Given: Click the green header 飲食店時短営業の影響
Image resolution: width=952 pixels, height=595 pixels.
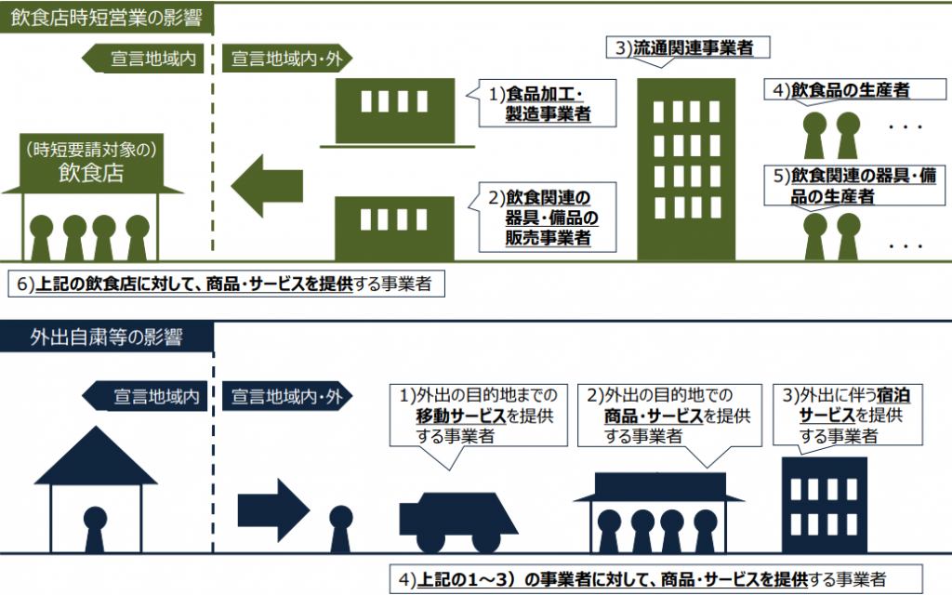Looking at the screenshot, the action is coord(107,19).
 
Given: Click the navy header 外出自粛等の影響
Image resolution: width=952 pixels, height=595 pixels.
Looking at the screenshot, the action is coord(107,337).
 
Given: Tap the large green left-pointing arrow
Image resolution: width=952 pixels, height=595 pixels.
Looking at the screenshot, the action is coord(267,186).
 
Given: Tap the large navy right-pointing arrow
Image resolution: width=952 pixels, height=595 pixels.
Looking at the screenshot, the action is coord(274,510).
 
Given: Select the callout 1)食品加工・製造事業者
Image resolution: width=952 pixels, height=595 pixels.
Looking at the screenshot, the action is coord(547,103).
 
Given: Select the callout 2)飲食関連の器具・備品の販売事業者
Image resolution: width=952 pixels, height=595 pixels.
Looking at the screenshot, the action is coord(547,217).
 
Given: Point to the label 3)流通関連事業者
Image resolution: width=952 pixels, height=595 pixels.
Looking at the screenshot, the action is coord(688,48).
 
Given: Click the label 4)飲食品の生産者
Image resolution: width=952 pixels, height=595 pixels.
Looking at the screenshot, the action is coord(855,90).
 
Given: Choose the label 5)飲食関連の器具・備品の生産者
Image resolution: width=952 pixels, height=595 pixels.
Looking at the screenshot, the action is coord(855,186).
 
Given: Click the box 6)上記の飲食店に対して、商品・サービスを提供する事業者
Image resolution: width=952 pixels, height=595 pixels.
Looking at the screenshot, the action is coord(226,284).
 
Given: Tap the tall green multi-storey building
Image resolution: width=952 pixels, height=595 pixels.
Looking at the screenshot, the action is coord(686,169).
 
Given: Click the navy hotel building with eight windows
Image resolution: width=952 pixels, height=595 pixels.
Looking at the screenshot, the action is coord(825,505).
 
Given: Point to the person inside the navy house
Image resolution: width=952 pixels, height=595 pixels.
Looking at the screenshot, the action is coord(95,529).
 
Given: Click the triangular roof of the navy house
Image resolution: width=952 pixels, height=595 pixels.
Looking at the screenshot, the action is coord(96,456).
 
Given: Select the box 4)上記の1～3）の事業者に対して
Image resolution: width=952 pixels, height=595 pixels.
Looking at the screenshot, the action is coord(655,578).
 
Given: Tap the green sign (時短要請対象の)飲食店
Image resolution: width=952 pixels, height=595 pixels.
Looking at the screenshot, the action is coord(92,162).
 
